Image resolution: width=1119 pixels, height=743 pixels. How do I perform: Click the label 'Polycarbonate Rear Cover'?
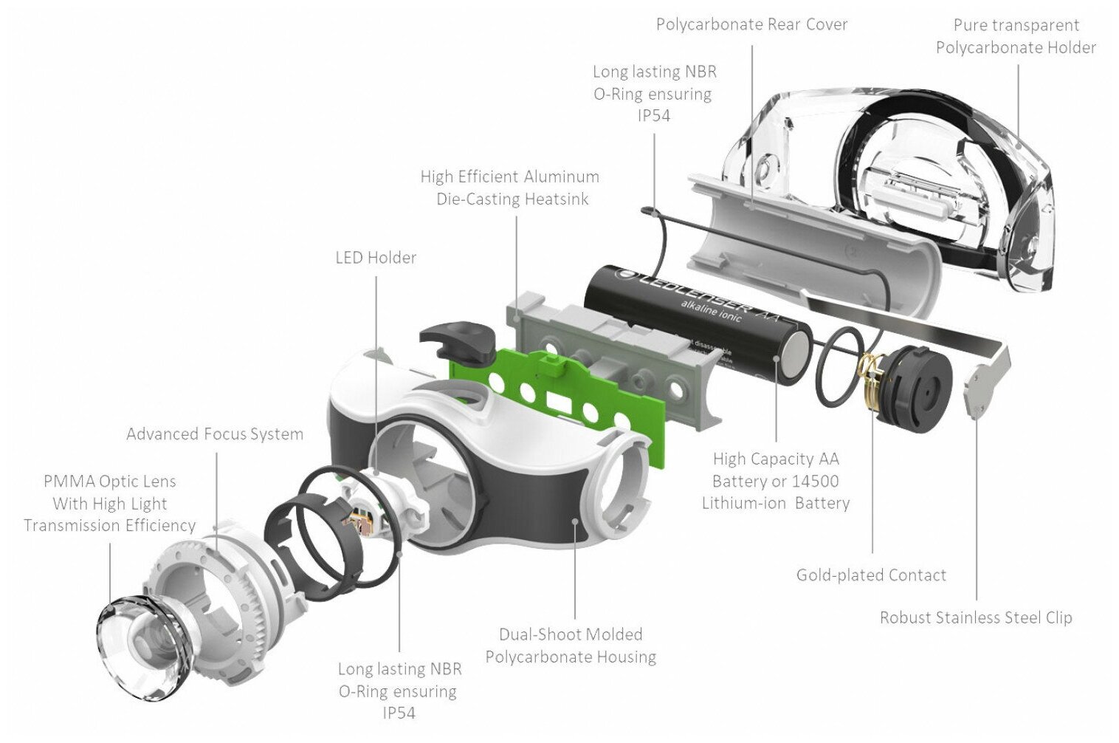751,24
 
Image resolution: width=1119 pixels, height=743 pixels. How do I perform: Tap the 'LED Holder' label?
376,258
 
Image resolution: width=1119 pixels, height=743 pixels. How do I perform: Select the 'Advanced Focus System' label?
215,434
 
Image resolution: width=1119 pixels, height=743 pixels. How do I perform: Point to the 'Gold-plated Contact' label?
871,575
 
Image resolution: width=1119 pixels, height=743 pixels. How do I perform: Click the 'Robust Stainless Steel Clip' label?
976,618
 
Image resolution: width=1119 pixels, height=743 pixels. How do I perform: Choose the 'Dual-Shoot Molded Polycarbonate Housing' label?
571,646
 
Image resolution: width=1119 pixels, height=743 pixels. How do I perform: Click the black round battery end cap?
915,388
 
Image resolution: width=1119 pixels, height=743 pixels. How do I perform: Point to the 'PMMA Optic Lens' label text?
110,482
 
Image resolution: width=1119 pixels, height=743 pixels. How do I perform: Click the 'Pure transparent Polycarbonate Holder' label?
1016,36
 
